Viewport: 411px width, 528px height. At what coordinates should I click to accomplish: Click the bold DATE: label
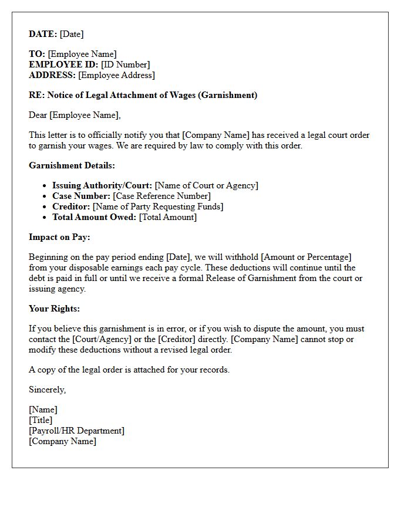coord(43,35)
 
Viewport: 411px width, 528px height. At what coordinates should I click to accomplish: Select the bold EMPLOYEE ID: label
coord(63,65)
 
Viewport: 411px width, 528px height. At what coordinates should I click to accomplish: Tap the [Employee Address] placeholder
coord(116,76)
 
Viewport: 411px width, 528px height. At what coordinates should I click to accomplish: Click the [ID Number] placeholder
coord(125,65)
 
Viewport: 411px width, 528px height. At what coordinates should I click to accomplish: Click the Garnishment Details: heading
coord(72,166)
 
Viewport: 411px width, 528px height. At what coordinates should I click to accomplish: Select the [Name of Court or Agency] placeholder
coord(206,186)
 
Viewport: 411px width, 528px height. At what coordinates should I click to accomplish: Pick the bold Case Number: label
coord(81,197)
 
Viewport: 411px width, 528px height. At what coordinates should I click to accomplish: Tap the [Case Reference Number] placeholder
coord(161,197)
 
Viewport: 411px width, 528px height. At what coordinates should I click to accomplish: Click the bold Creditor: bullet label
coord(71,207)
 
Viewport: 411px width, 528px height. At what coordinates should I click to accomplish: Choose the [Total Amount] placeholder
coord(167,218)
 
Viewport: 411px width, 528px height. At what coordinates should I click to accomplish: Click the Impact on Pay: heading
coord(59,238)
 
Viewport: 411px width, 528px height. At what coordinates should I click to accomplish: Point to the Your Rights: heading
coord(54,309)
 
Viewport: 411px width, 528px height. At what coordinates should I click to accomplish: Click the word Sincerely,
coord(47,390)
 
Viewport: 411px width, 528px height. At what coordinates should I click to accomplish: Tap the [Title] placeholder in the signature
coord(41,421)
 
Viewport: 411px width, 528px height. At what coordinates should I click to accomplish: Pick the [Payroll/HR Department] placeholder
coord(76,431)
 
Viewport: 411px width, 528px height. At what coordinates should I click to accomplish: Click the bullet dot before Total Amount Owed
coord(45,218)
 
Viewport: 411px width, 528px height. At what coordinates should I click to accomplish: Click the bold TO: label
coord(37,55)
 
